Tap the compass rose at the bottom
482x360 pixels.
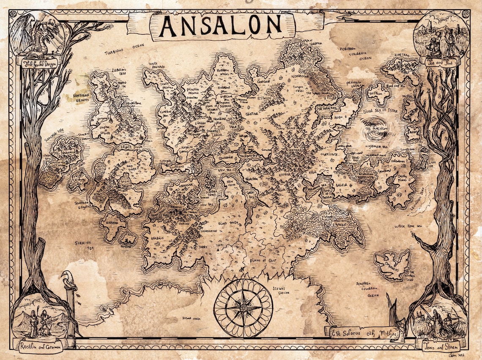[243, 308]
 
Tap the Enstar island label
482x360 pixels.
[111, 222]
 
